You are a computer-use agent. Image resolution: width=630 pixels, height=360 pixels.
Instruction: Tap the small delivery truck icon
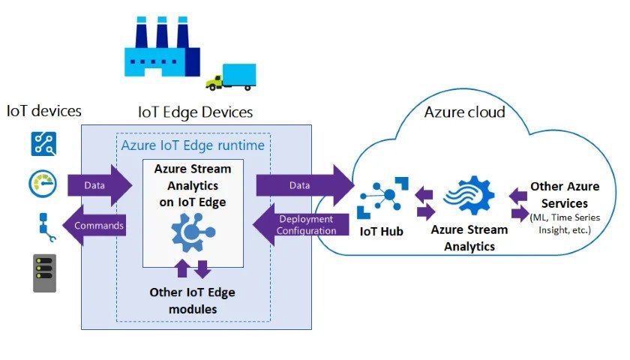(232, 76)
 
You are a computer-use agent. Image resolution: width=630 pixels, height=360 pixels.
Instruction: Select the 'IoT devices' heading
(43, 111)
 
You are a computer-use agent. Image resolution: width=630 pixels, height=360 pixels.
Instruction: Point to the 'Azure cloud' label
(464, 112)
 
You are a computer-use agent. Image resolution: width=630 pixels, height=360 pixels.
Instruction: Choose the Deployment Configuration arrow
(303, 224)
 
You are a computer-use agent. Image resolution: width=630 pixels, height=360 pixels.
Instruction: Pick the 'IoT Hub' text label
(381, 232)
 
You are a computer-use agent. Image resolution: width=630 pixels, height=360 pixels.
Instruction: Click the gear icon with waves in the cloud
(468, 195)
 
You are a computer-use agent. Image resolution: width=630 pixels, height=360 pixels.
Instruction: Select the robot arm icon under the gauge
(43, 226)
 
